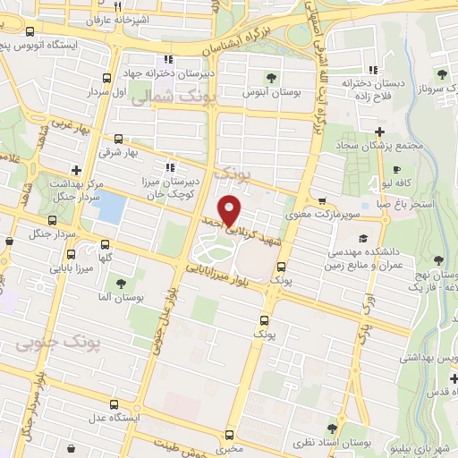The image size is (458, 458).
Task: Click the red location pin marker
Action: (230, 210)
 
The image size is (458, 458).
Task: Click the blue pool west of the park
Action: (109, 208)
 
